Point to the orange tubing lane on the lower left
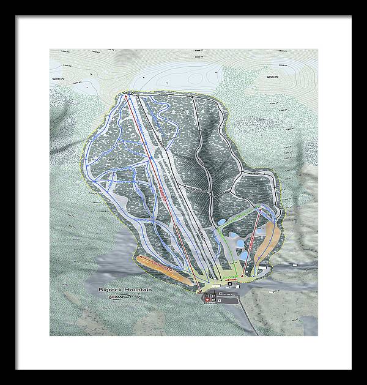tap(161, 267)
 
